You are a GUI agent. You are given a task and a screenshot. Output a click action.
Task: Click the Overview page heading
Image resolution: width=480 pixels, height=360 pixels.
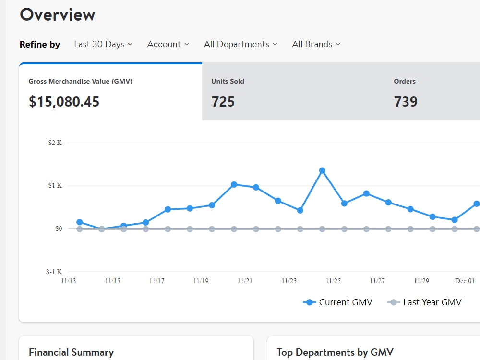57,14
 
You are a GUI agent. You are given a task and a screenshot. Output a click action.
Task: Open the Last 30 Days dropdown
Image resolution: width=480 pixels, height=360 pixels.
103,44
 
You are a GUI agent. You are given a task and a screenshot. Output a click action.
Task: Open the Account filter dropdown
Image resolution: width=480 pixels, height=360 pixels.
168,44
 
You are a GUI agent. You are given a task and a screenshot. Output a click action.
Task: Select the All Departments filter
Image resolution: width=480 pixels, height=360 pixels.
240,44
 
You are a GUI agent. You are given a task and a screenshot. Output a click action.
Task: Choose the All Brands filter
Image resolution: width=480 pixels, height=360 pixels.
316,44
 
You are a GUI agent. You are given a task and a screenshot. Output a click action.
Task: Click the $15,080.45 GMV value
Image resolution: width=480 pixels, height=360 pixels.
64,102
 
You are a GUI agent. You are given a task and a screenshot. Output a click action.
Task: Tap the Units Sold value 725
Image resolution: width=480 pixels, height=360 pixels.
223,102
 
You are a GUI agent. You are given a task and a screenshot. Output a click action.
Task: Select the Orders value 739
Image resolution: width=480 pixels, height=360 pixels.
406,102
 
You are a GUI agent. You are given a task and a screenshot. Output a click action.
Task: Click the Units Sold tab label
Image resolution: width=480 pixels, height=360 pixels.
228,81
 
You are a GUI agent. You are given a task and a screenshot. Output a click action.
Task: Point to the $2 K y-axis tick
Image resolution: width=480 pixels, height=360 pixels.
55,143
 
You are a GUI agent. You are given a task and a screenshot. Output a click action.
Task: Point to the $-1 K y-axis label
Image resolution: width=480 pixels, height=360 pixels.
54,272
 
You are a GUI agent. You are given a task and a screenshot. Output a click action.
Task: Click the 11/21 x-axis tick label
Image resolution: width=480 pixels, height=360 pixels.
245,281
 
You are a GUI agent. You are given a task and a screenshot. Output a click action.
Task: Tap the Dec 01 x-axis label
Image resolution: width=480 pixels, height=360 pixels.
465,281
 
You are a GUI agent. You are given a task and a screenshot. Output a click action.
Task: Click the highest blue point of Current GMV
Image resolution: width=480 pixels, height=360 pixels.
322,170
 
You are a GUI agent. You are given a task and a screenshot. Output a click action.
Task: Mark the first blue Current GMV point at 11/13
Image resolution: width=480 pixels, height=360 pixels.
80,222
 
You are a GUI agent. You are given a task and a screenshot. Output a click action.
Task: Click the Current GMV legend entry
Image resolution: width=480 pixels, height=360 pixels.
338,302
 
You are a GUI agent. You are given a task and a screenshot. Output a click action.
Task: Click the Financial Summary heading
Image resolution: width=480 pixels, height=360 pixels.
71,352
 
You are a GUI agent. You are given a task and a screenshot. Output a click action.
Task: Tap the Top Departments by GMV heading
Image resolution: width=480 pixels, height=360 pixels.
335,352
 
